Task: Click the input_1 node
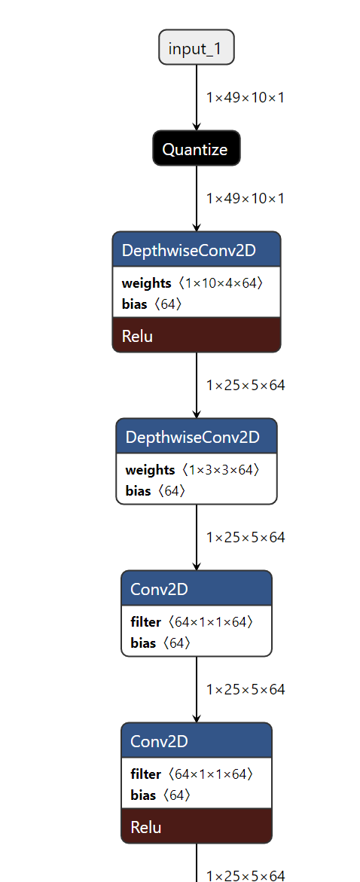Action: [x=197, y=48]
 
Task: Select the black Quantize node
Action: [x=196, y=148]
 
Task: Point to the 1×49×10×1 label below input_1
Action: [x=245, y=97]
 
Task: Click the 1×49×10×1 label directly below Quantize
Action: [x=245, y=198]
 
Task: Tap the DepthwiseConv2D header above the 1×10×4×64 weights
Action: [x=196, y=249]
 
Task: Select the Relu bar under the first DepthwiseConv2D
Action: [x=196, y=335]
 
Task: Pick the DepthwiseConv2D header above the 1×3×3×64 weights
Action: [x=196, y=437]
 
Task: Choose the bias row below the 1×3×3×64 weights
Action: [x=155, y=491]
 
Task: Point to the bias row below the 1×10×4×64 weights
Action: [x=151, y=304]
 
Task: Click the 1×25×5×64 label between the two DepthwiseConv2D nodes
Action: [x=245, y=385]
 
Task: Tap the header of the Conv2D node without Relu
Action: [x=196, y=588]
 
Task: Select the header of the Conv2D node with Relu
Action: [x=196, y=740]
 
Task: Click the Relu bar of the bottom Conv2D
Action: [x=196, y=826]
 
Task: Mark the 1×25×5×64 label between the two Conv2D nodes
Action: [x=245, y=689]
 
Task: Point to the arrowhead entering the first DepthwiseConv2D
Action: [x=197, y=227]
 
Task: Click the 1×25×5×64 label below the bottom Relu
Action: [x=245, y=875]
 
